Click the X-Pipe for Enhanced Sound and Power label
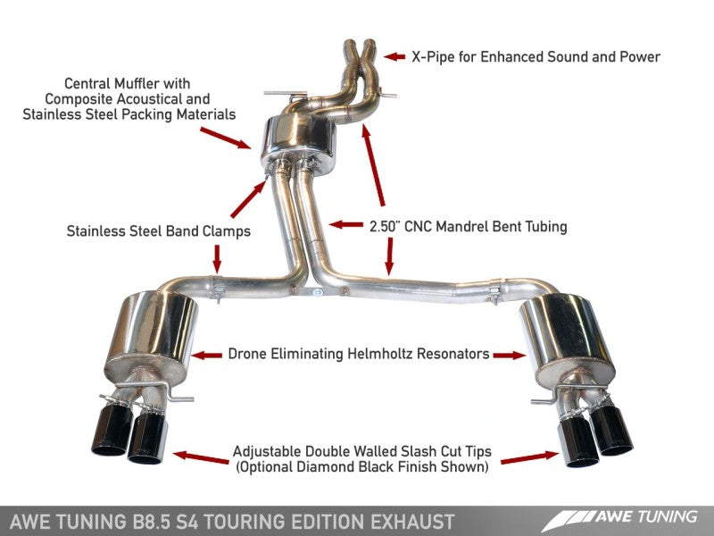pos(535,57)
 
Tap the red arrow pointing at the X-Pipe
pos(394,57)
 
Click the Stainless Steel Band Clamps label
pos(158,231)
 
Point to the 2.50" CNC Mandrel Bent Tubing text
pos(468,227)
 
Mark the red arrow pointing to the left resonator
pos(207,355)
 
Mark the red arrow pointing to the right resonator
pos(510,355)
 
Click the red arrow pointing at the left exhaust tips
pos(200,458)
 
